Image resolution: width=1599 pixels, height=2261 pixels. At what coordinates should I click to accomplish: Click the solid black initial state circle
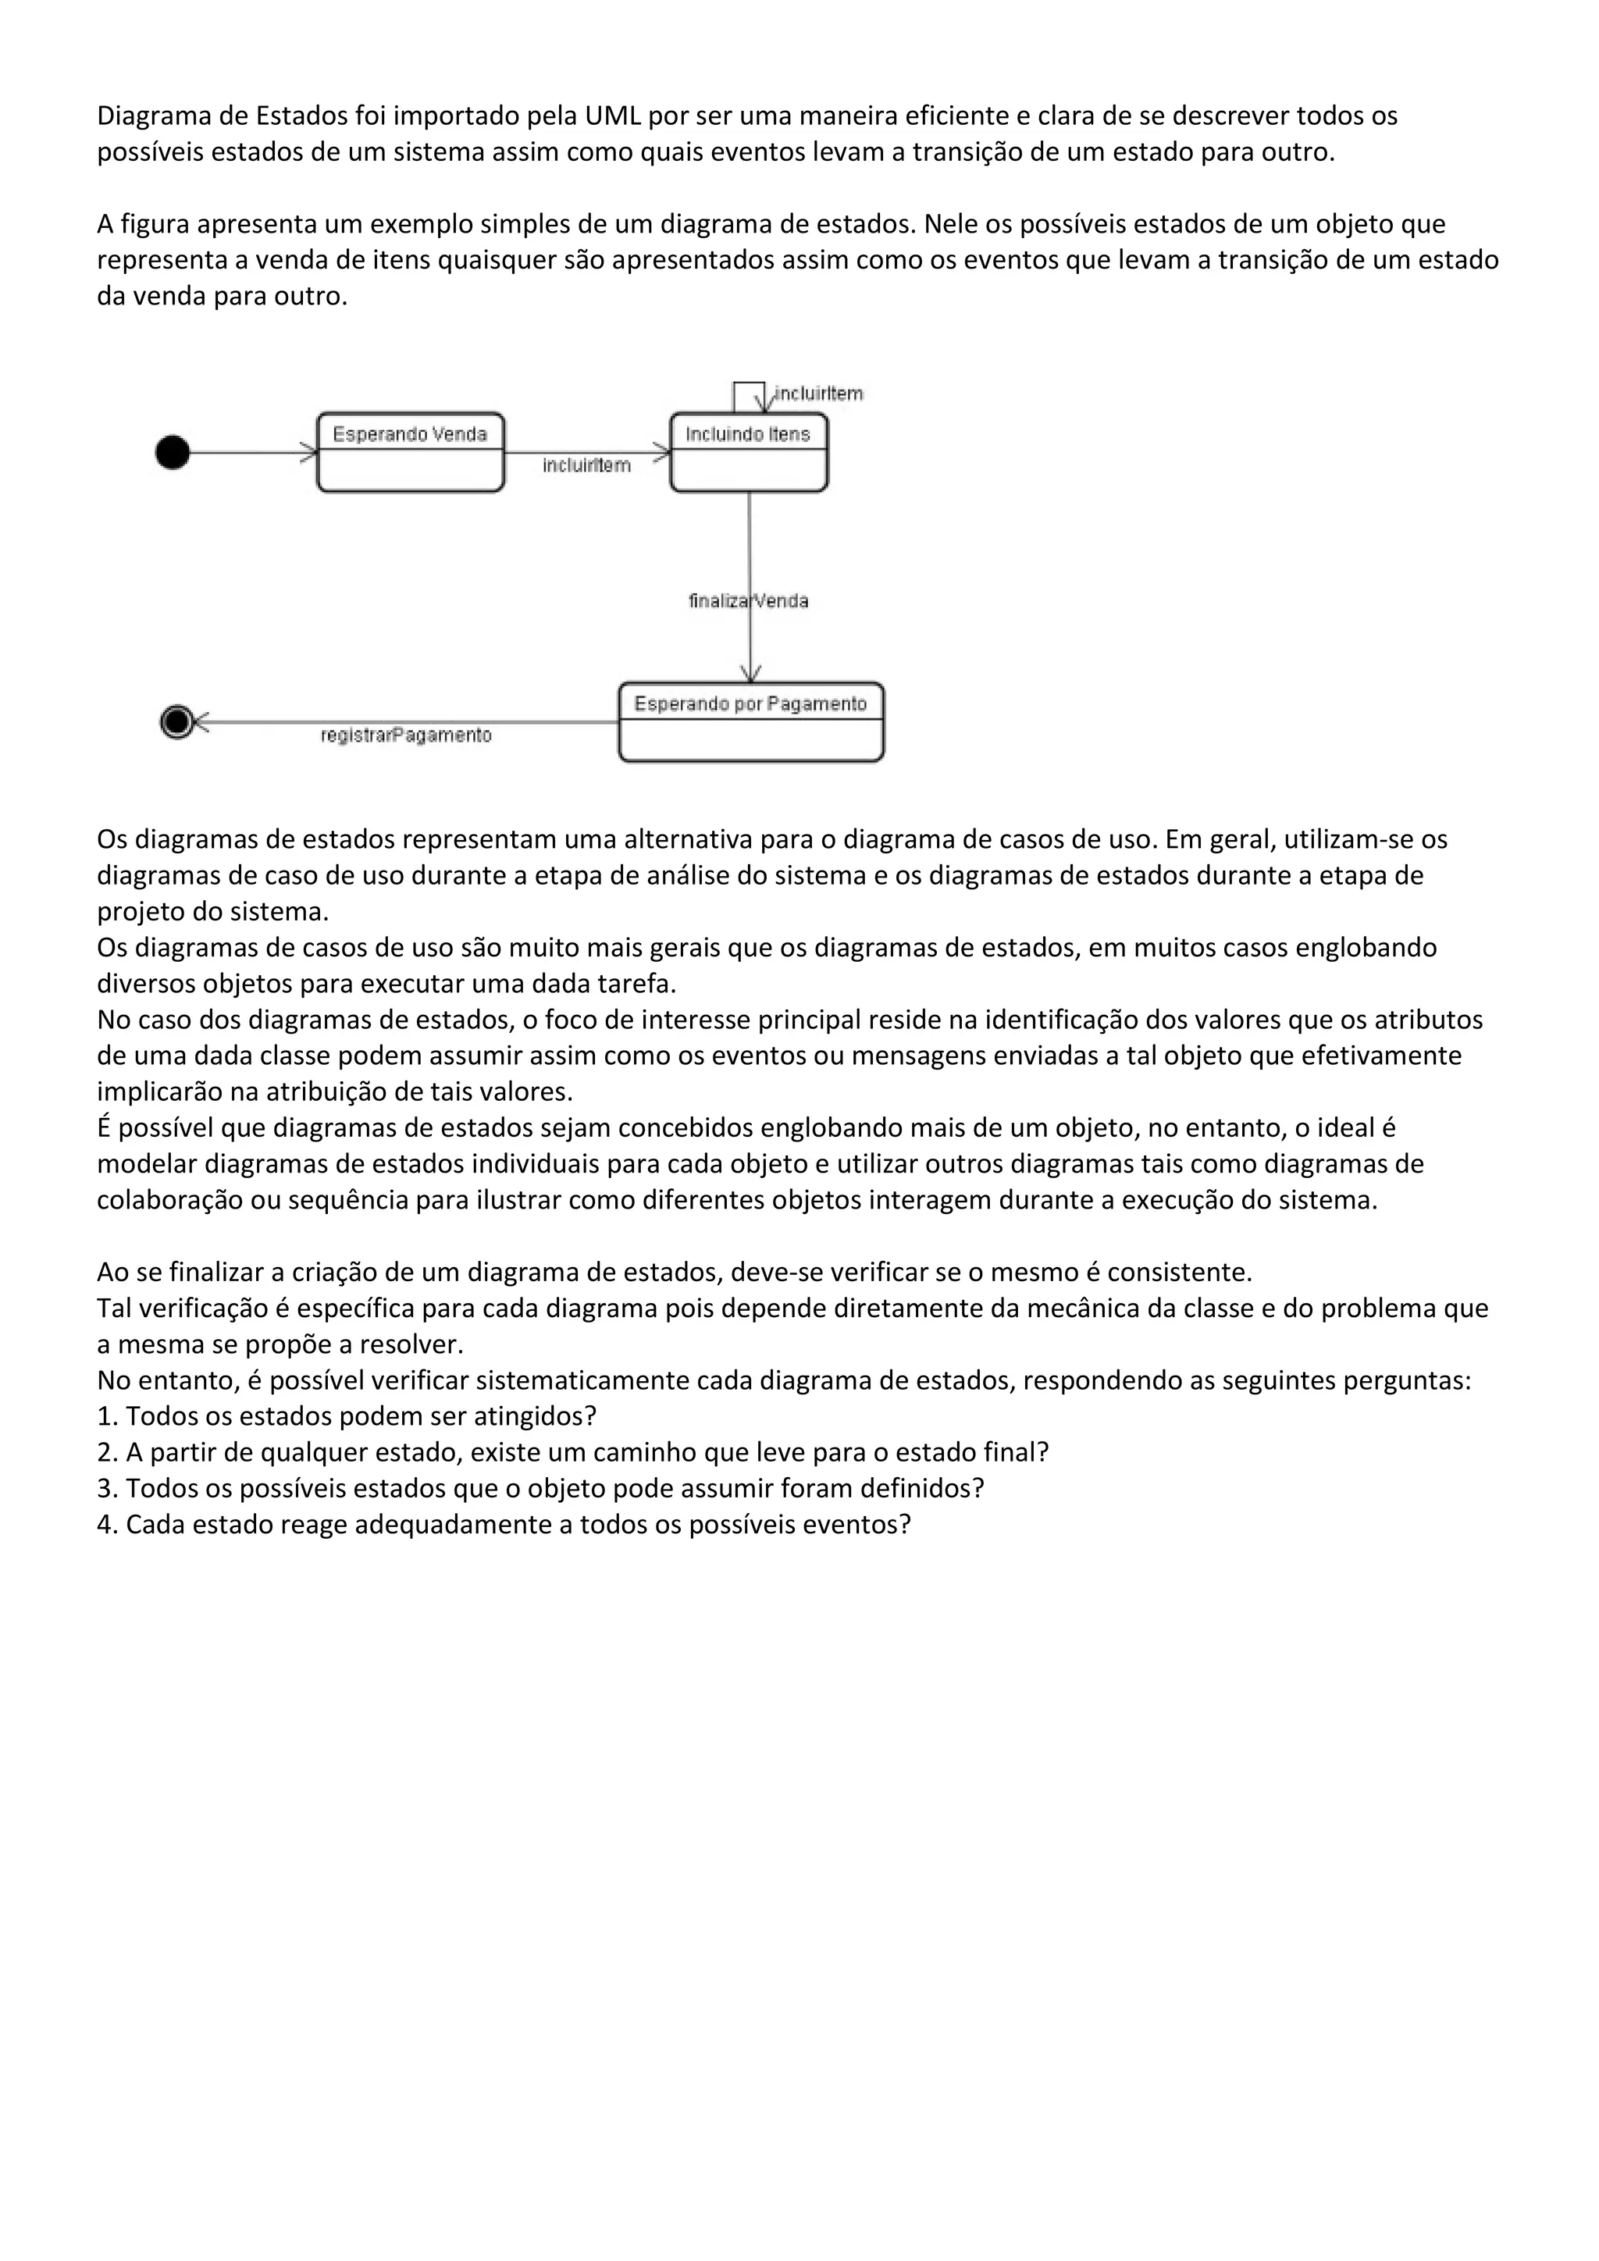coord(173,453)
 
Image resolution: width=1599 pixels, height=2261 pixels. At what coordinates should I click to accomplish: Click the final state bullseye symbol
coord(177,722)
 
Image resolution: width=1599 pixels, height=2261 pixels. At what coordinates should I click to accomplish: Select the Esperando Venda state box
coord(410,453)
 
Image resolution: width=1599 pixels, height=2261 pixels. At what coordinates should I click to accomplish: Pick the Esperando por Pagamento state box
coord(750,722)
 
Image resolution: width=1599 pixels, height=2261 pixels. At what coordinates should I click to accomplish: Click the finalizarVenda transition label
coord(748,600)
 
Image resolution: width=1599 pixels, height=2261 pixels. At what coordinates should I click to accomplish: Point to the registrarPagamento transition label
coord(406,735)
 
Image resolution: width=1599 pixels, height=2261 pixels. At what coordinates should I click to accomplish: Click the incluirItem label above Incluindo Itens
coord(818,394)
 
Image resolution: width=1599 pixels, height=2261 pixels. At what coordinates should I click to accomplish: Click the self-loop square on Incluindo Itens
coord(748,397)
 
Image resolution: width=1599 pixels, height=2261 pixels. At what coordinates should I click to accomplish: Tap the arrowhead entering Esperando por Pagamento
coord(750,675)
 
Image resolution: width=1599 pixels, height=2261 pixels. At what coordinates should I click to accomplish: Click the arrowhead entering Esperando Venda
coord(309,453)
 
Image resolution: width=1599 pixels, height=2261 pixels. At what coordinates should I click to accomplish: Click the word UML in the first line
coord(612,116)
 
